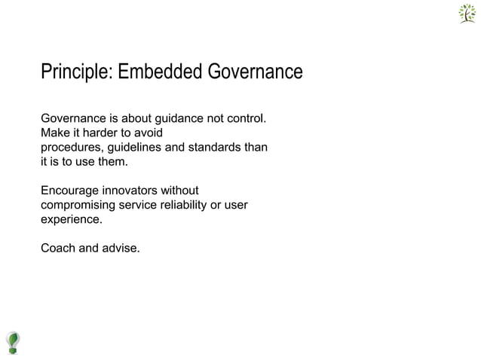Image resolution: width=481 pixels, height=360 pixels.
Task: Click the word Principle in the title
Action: (73, 72)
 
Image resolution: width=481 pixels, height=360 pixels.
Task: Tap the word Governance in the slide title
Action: (252, 72)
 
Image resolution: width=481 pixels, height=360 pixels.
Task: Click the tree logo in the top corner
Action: (467, 14)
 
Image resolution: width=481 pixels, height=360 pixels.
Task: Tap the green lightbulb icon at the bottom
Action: (13, 342)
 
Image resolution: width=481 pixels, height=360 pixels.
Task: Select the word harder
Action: (97, 133)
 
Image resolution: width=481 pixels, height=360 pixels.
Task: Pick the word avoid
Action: (147, 133)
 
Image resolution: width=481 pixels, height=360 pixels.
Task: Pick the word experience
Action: (70, 220)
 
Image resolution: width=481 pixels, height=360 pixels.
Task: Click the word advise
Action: (121, 248)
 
